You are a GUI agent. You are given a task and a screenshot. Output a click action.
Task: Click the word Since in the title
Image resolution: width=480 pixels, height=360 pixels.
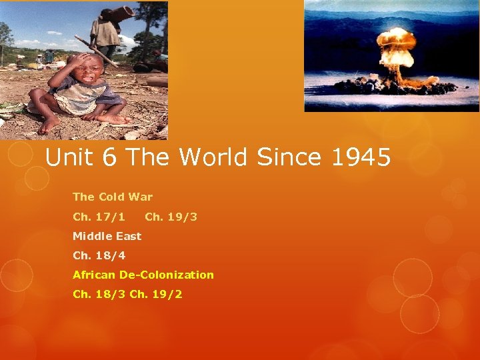click(283, 158)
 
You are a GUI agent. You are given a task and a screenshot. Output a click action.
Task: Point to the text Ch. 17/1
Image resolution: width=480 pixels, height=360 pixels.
click(99, 217)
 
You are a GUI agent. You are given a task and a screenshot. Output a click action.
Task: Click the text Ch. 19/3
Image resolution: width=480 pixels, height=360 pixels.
click(171, 217)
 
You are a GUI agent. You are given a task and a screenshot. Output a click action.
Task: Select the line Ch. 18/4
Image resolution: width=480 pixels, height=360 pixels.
click(99, 255)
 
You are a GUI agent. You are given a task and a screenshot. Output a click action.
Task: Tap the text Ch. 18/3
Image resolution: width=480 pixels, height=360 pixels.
click(99, 294)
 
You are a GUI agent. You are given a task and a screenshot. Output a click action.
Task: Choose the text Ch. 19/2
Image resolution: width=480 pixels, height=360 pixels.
click(156, 294)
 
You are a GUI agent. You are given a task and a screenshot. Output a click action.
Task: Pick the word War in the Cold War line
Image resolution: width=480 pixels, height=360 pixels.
click(141, 197)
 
